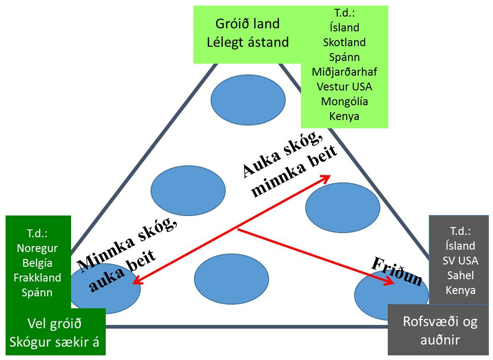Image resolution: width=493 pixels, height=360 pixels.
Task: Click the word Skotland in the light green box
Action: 344,42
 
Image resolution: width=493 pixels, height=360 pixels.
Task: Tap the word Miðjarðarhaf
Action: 344,72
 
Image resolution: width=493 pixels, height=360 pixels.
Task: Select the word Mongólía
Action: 344,101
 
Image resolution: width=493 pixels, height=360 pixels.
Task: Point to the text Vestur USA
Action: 344,86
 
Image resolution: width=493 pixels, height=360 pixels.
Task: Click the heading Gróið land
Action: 247,24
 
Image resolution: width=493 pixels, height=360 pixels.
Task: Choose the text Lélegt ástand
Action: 247,42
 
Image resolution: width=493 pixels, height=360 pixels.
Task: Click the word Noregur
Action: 37,248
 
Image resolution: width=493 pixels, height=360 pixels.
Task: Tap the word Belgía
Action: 37,263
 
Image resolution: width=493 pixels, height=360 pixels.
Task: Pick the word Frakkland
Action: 37,278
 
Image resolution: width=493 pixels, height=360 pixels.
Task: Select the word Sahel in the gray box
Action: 461,276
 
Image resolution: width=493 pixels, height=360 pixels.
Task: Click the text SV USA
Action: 461,261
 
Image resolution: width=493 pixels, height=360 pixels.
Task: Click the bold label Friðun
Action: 397,272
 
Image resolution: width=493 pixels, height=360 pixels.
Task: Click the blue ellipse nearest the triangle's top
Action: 248,100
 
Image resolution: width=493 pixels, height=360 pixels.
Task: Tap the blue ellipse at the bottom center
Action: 225,278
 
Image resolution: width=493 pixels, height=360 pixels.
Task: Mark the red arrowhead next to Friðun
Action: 391,283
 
